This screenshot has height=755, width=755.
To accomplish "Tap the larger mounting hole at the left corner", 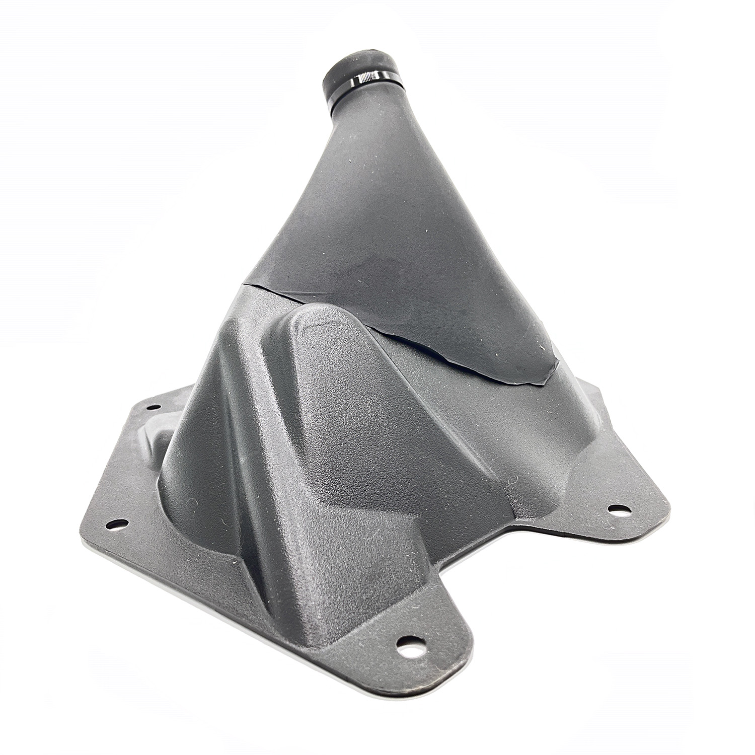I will pyautogui.click(x=117, y=524).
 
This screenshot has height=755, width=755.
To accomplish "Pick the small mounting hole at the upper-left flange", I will pyautogui.click(x=154, y=407).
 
